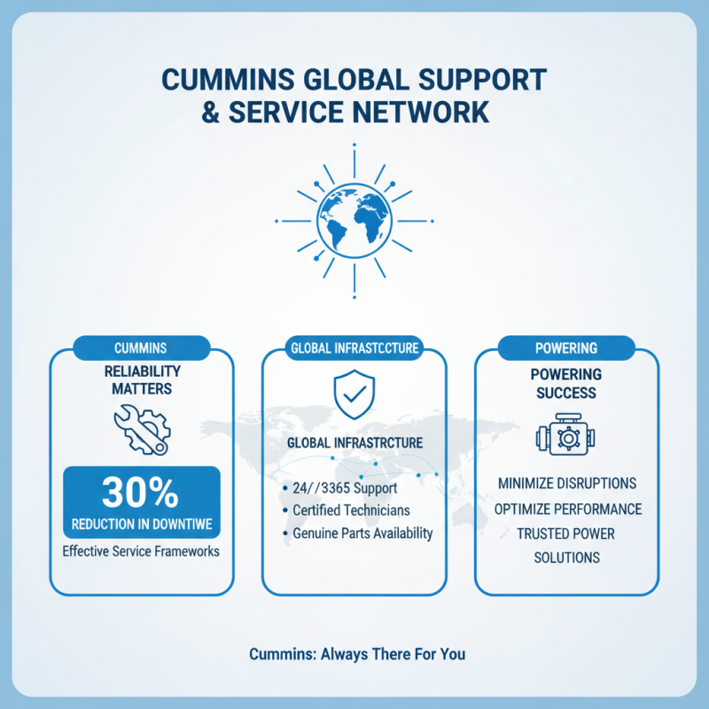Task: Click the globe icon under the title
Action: (354, 221)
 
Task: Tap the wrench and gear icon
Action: (142, 429)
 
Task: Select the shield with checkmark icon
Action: (354, 395)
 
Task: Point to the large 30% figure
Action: (141, 492)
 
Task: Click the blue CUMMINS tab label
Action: (142, 348)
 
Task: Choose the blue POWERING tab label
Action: (566, 348)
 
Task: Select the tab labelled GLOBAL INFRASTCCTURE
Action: (354, 348)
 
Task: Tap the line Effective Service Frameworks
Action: (142, 550)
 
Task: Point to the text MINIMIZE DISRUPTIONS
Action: (566, 485)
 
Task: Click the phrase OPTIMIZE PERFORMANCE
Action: (566, 510)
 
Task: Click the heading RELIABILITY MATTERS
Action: (142, 378)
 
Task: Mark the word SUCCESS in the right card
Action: (566, 392)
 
